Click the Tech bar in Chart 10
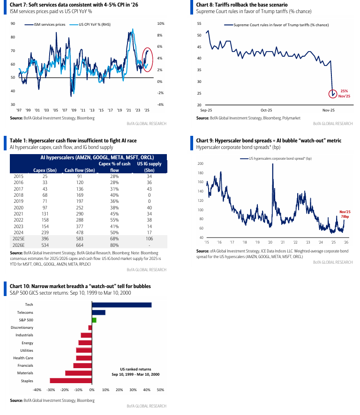pyautogui.click(x=121, y=305)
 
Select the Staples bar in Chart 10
pyautogui.click(x=70, y=381)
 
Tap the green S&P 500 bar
pyautogui.click(x=94, y=320)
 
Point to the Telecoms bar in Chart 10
pyautogui.click(x=98, y=312)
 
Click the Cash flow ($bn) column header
pyautogui.click(x=80, y=170)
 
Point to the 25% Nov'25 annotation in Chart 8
pyautogui.click(x=345, y=93)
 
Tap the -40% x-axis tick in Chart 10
pyautogui.click(x=37, y=390)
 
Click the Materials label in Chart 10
pyautogui.click(x=25, y=373)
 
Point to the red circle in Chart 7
pyautogui.click(x=147, y=58)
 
